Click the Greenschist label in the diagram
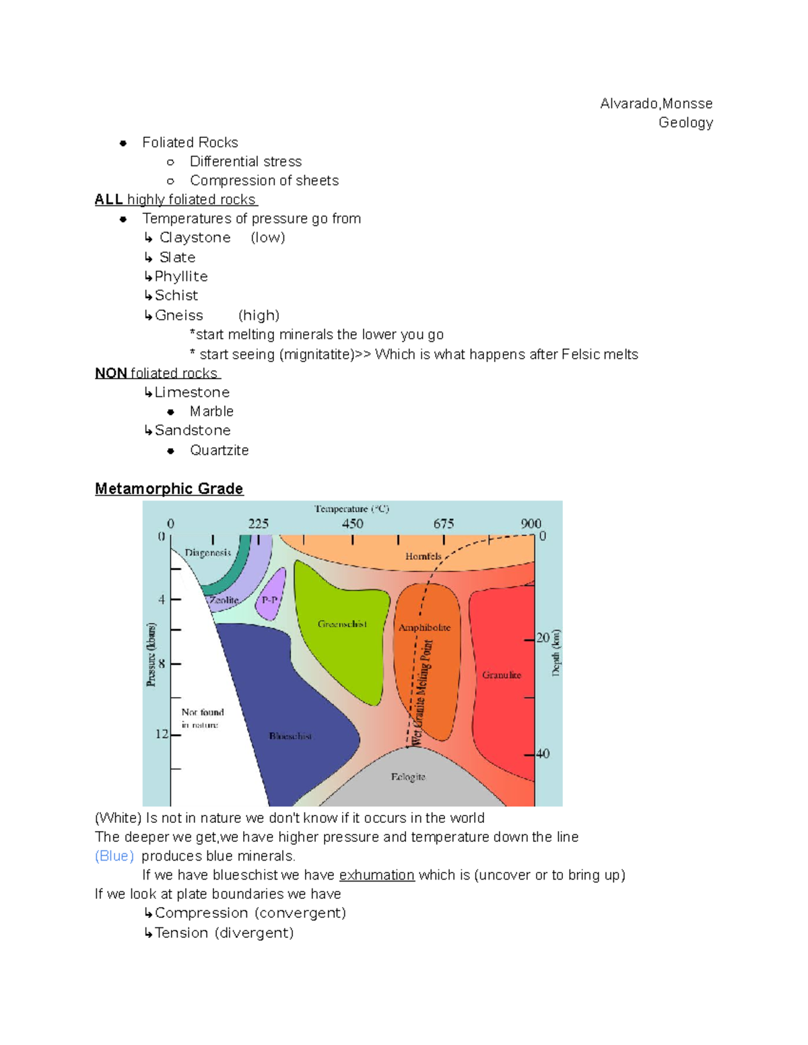click(x=342, y=624)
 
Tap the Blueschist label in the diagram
click(x=290, y=736)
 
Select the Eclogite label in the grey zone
click(x=408, y=777)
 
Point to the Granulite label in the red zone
click(x=502, y=675)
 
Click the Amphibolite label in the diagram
click(x=424, y=627)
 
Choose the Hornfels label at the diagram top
click(x=424, y=556)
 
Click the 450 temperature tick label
click(x=352, y=524)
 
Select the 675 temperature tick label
click(x=443, y=524)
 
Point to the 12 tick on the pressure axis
click(x=162, y=733)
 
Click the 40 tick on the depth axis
click(x=543, y=754)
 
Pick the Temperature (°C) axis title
click(x=351, y=509)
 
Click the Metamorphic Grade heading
click(x=169, y=489)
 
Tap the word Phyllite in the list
click(x=181, y=277)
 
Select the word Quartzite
click(x=220, y=450)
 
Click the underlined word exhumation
click(x=376, y=875)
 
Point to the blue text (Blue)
click(x=114, y=856)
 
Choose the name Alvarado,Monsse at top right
click(x=656, y=104)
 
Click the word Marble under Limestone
click(x=211, y=411)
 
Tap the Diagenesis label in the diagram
click(x=207, y=552)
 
